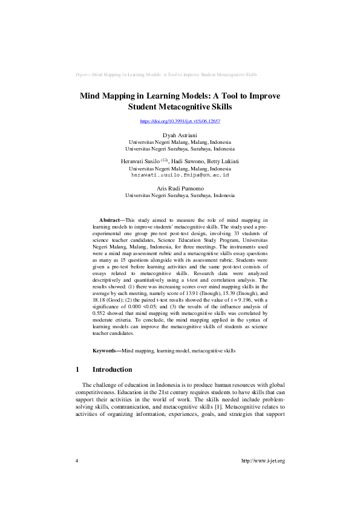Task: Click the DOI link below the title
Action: tap(180, 121)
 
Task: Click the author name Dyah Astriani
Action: tap(180, 135)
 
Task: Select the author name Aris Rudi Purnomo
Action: tap(180, 189)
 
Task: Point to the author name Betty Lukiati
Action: tap(221, 161)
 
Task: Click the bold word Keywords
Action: tap(105, 351)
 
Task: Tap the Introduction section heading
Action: tap(112, 369)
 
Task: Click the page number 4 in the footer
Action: tap(77, 461)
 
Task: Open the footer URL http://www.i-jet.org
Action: tap(263, 461)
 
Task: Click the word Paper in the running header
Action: tap(83, 74)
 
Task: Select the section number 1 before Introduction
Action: tap(77, 369)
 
